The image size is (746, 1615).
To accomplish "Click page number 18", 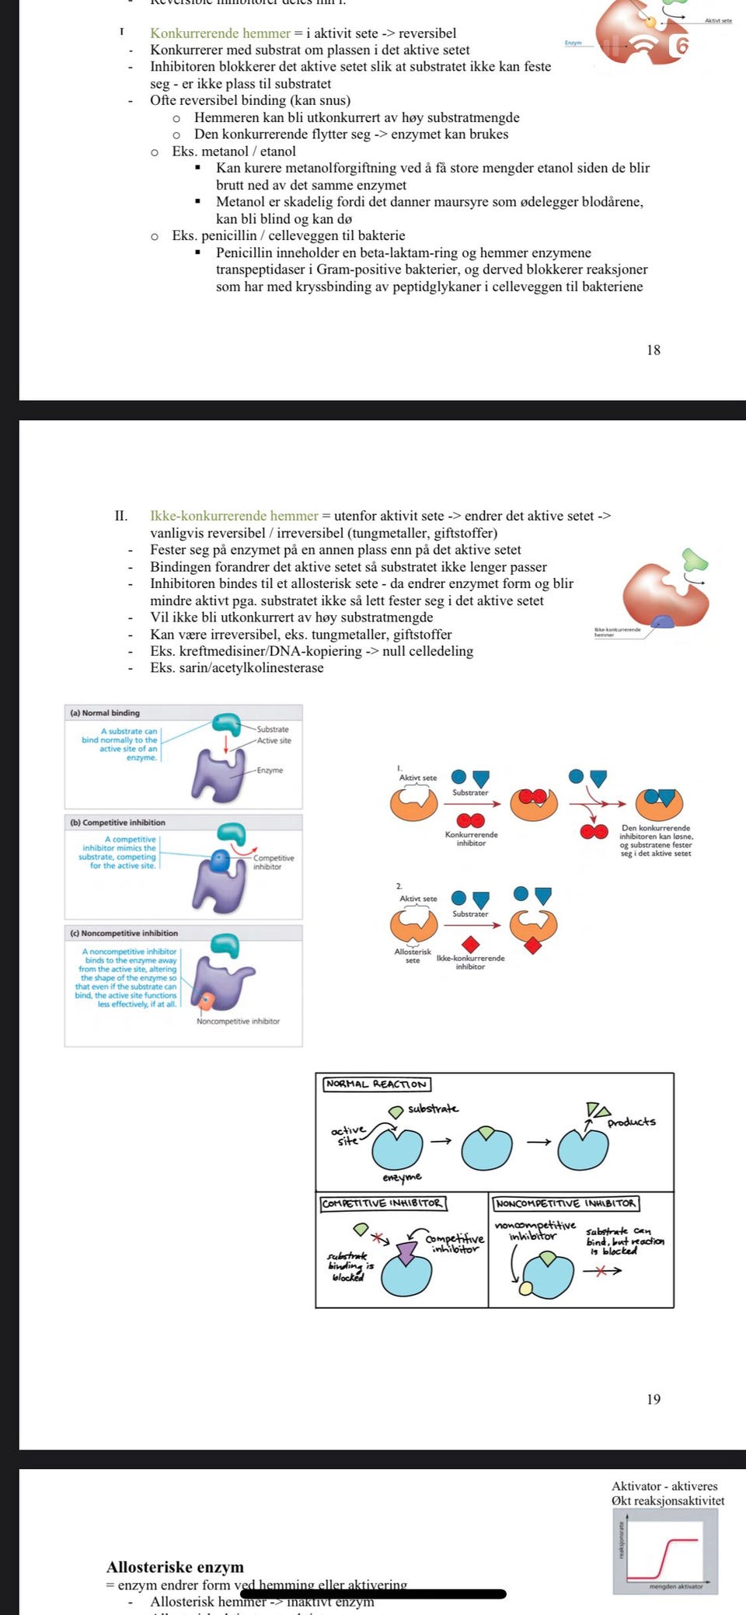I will (654, 350).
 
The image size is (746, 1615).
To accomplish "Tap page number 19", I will (654, 1399).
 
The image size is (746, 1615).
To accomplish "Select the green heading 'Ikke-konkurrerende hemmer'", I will (234, 516).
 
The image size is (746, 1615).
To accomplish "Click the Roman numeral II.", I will (121, 516).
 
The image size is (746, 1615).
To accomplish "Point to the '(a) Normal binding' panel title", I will (105, 712).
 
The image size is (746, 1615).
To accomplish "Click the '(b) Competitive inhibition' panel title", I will (117, 822).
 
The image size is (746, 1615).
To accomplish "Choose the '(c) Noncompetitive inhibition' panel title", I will (124, 933).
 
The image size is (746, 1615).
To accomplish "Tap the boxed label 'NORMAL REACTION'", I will (376, 1084).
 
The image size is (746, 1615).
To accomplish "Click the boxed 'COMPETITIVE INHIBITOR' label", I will (382, 1203).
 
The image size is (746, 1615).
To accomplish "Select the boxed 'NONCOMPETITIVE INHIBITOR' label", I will (565, 1203).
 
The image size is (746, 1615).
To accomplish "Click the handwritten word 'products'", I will (631, 1122).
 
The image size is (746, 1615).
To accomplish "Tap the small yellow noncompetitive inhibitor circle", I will (526, 1289).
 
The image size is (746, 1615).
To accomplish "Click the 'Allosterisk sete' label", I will (413, 955).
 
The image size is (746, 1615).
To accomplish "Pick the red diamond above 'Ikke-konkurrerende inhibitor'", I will (470, 945).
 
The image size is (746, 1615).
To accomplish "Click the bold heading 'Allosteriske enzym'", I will (175, 1567).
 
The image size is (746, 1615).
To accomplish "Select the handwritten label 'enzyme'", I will (402, 1177).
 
